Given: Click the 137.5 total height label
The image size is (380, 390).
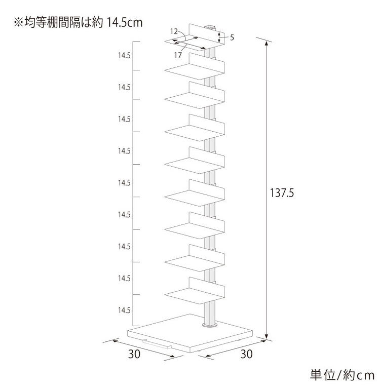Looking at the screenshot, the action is click(282, 193).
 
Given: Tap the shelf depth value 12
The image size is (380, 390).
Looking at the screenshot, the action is click(174, 31).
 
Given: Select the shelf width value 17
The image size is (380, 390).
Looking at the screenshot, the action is click(178, 55).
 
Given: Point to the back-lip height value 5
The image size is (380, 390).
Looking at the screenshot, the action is click(232, 37).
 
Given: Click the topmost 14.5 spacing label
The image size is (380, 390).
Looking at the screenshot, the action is click(124, 56).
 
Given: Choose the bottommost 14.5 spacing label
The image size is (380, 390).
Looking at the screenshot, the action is click(124, 310).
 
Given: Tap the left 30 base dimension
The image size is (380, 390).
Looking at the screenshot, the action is click(134, 354).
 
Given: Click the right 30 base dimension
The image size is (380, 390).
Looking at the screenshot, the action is click(246, 354).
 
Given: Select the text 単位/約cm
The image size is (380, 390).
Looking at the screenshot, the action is click(342, 375).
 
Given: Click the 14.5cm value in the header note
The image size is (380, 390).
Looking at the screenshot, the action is click(125, 23).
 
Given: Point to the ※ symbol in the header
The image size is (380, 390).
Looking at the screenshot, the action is click(18, 23).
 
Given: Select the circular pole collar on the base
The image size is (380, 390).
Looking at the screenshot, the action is click(210, 325).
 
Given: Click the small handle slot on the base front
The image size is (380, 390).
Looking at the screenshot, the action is click(157, 344).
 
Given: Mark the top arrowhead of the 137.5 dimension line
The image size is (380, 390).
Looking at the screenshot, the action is click(267, 44).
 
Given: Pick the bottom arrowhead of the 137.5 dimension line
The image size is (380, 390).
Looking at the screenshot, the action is click(267, 336).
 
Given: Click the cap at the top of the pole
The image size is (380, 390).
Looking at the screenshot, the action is click(210, 27).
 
